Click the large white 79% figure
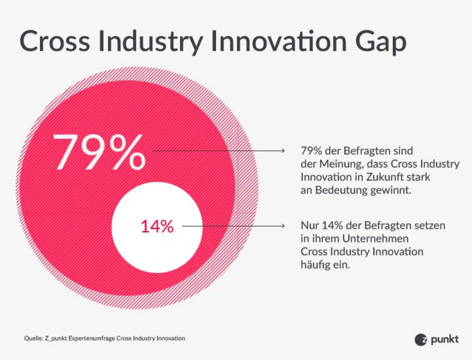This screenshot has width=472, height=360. click(99, 152)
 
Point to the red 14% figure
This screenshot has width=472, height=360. click(157, 227)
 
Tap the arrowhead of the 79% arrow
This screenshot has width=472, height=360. click(282, 151)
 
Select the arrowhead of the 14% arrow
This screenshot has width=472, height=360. click(282, 226)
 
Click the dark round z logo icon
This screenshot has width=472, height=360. click(421, 340)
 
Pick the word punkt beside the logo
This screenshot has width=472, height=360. click(445, 340)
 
